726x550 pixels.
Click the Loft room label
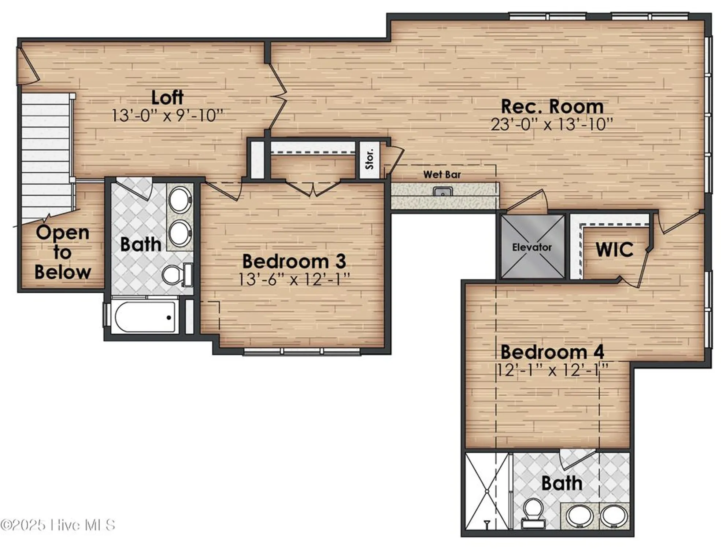point(167,98)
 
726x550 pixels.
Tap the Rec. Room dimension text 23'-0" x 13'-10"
point(552,125)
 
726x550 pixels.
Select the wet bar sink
point(443,192)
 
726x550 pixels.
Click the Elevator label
point(532,247)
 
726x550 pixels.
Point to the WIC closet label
point(614,250)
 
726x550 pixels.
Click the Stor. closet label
point(370,159)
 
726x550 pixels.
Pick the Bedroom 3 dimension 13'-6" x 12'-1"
point(295,280)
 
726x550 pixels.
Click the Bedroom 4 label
point(552,352)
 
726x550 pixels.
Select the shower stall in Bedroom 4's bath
point(486,491)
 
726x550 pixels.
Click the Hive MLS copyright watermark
point(58,525)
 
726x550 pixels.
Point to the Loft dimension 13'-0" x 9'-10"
point(167,116)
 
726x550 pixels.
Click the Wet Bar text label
point(442,175)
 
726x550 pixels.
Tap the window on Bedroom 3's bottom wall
point(302,351)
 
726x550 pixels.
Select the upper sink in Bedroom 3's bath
point(180,200)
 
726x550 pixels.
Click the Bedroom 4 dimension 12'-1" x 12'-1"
point(552,370)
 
